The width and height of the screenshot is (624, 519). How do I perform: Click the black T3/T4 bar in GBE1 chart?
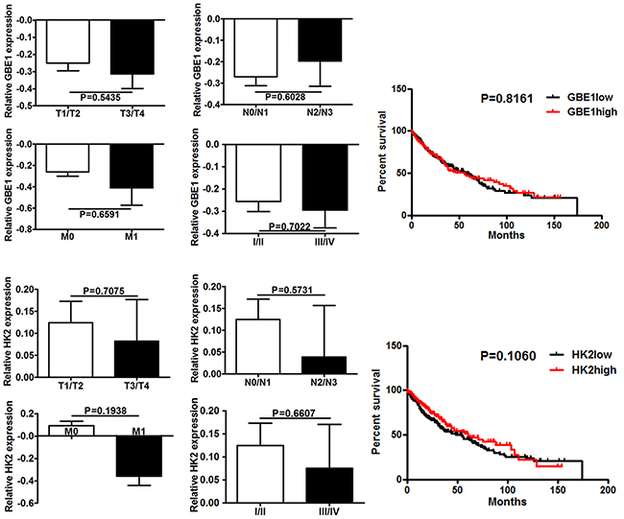point(132,47)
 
